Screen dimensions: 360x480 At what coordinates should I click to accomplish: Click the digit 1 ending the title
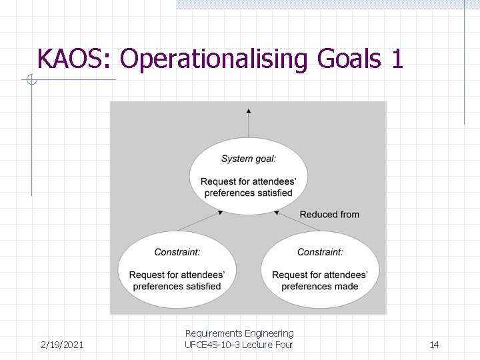coord(397,59)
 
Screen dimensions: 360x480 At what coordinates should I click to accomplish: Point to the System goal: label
coord(249,159)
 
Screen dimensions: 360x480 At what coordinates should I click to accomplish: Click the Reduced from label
coord(329,215)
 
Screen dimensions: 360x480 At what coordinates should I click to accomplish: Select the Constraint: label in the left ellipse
coord(177,252)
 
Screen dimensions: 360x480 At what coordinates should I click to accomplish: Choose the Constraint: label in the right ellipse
coord(320,252)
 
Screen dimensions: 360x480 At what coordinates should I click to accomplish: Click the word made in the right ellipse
coord(346,287)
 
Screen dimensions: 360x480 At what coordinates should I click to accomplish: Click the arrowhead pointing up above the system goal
coord(249,111)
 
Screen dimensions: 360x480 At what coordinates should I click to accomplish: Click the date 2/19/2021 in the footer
coord(62,345)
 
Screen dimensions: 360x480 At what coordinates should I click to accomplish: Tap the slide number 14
coord(434,345)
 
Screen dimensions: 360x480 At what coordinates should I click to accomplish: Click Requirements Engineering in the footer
coord(239,333)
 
